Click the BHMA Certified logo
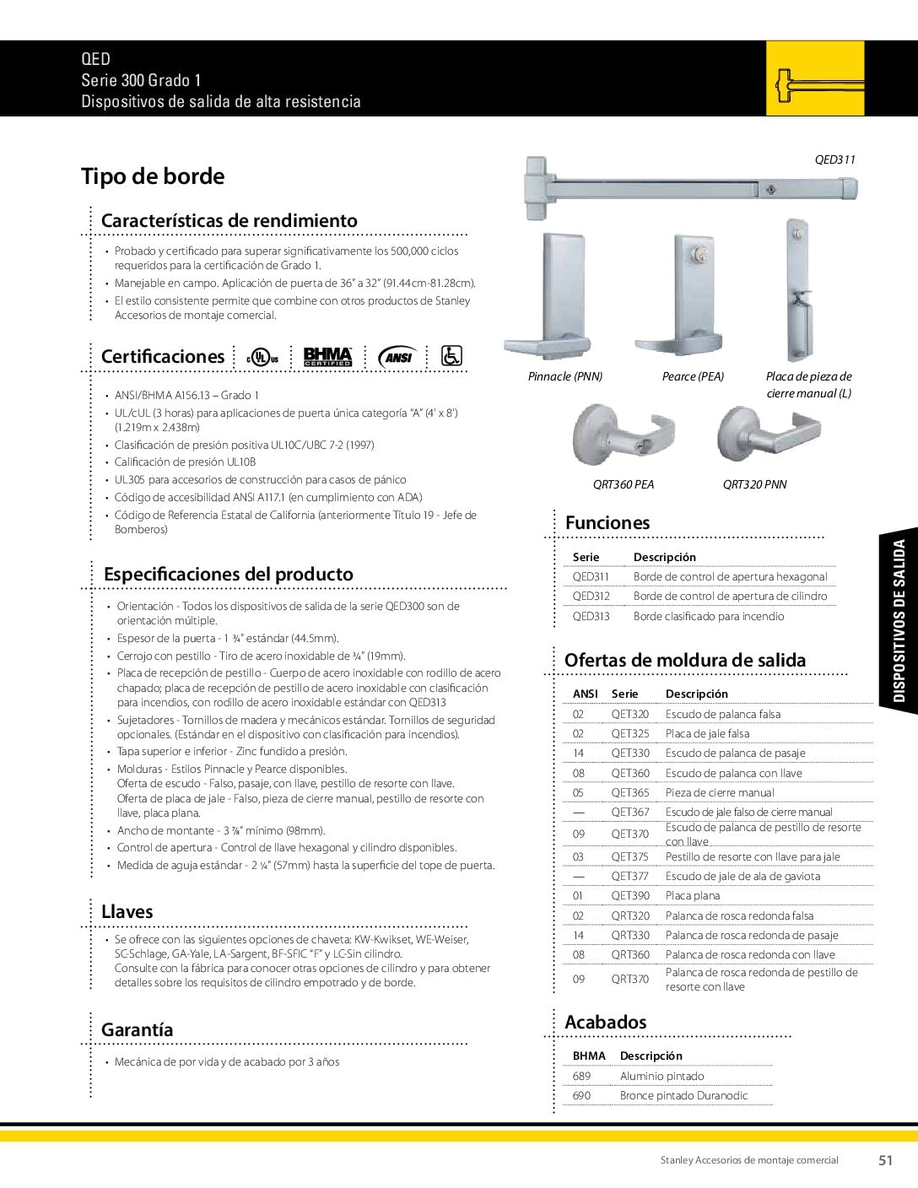tap(327, 357)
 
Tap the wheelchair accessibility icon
tap(451, 356)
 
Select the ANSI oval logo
tap(397, 357)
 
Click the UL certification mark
tap(262, 357)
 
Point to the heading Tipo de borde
tap(153, 176)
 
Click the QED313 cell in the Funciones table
tap(591, 616)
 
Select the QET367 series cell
tap(630, 812)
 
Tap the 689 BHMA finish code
tap(581, 1076)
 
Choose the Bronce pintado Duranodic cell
tap(683, 1095)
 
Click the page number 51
tap(885, 1160)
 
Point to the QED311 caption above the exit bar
tap(834, 159)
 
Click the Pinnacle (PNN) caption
tap(565, 376)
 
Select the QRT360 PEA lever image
tap(621, 437)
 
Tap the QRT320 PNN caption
tap(754, 484)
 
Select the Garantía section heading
tap(137, 1029)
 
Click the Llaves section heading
tap(127, 911)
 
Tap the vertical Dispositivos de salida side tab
tap(899, 621)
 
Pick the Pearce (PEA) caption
tap(693, 376)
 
